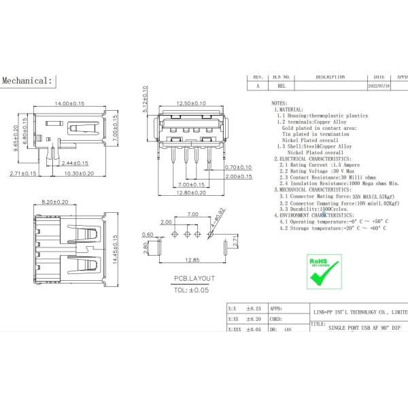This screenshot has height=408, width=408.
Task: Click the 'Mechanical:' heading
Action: click(27, 80)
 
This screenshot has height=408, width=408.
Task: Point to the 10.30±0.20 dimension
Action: click(94, 174)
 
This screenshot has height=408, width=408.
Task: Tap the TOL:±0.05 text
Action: click(190, 288)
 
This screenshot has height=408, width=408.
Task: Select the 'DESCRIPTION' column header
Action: click(329, 78)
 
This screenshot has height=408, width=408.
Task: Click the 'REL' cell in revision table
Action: click(282, 86)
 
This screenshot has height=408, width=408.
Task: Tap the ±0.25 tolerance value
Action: click(254, 308)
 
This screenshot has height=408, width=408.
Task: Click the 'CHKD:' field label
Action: click(276, 318)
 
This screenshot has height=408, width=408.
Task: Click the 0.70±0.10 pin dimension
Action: click(238, 167)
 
